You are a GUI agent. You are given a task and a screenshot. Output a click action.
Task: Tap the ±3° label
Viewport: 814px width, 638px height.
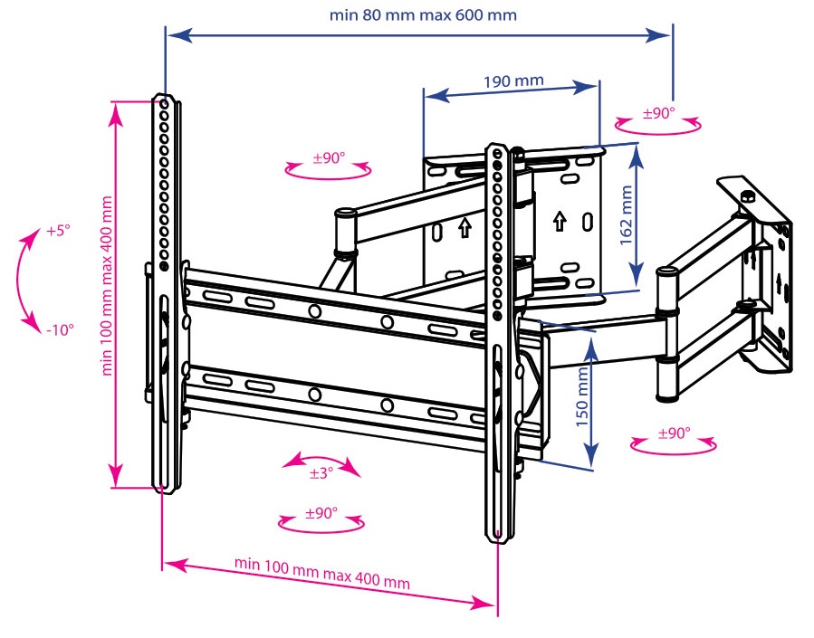321,472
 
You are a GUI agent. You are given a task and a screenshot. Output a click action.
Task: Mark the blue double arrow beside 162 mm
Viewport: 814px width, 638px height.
637,215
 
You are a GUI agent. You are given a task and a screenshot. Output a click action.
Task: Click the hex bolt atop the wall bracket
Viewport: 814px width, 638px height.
748,195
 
